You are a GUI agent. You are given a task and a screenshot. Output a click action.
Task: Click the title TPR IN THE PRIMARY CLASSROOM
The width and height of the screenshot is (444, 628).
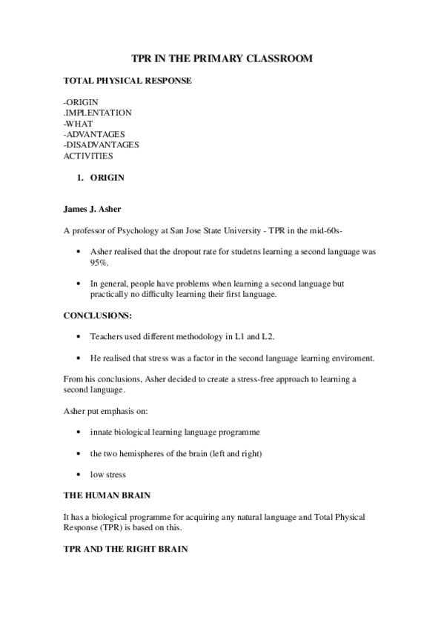pyautogui.click(x=222, y=58)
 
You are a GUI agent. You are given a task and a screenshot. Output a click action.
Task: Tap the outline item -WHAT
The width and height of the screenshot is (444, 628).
pyautogui.click(x=78, y=123)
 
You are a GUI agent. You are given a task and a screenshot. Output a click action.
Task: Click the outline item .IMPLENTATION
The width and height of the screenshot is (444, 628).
pyautogui.click(x=97, y=113)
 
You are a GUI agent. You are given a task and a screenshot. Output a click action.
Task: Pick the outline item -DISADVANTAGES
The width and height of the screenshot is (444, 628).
pyautogui.click(x=101, y=144)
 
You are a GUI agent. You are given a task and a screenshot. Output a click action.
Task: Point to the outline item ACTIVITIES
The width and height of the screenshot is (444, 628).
pyautogui.click(x=88, y=156)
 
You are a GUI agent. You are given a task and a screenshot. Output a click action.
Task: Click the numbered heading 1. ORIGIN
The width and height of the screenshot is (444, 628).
pyautogui.click(x=100, y=178)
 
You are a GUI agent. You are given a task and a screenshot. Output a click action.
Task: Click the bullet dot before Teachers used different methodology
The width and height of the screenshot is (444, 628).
pyautogui.click(x=79, y=336)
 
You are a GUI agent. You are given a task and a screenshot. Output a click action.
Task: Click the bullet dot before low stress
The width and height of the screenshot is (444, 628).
pyautogui.click(x=79, y=474)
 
